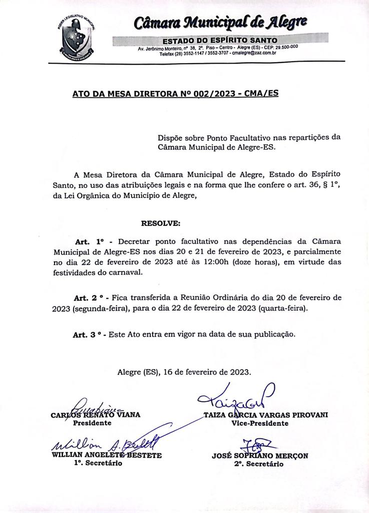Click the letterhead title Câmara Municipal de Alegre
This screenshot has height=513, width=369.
click(221, 23)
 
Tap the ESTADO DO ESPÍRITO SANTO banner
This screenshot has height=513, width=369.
click(220, 40)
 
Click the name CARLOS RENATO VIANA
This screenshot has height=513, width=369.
click(96, 415)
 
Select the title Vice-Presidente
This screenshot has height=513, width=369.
click(260, 423)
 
